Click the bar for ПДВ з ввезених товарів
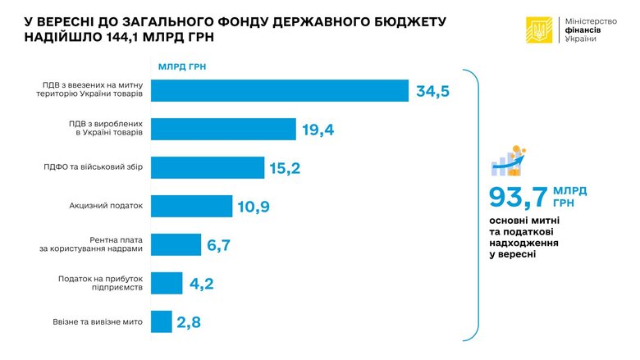tap(280, 90)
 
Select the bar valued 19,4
tap(223, 129)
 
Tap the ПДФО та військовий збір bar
tap(208, 167)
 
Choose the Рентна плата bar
tap(176, 244)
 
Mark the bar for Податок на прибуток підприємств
tap(167, 283)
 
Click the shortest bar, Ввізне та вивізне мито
tap(162, 321)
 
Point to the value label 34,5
tap(433, 91)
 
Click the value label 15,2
tap(286, 168)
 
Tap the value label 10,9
tap(254, 207)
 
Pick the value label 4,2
tap(202, 284)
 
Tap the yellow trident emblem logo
tap(539, 30)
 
